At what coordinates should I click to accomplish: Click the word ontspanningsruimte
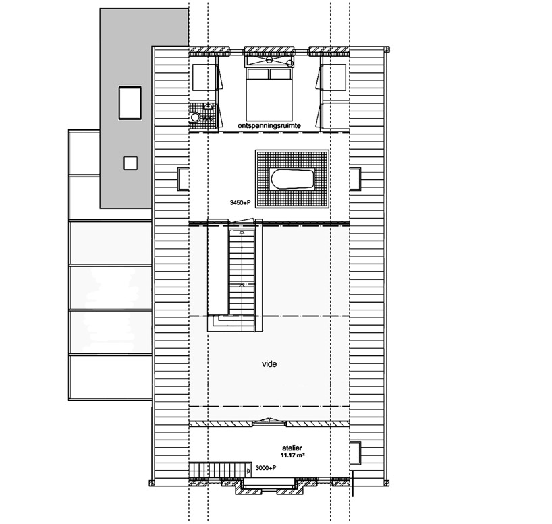[269, 125]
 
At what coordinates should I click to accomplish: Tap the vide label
[269, 364]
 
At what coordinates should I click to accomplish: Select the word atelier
[292, 448]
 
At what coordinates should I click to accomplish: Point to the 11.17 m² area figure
[293, 455]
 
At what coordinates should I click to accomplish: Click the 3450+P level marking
[240, 203]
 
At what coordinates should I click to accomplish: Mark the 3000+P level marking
[265, 468]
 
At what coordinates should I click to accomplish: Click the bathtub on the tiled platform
[292, 179]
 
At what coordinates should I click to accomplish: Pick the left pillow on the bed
[258, 74]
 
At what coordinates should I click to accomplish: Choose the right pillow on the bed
[281, 74]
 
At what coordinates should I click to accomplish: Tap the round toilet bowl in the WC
[194, 117]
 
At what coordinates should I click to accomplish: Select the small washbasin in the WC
[209, 106]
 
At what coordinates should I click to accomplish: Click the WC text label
[207, 119]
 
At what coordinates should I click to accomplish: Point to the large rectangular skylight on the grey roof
[130, 103]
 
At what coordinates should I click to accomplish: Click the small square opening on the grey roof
[130, 163]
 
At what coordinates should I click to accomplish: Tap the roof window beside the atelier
[355, 453]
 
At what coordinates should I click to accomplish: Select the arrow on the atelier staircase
[248, 471]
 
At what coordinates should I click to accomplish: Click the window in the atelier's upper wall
[270, 422]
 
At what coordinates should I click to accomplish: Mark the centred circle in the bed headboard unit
[269, 60]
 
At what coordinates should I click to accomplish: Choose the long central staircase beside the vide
[242, 271]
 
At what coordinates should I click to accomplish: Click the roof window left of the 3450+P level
[183, 179]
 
